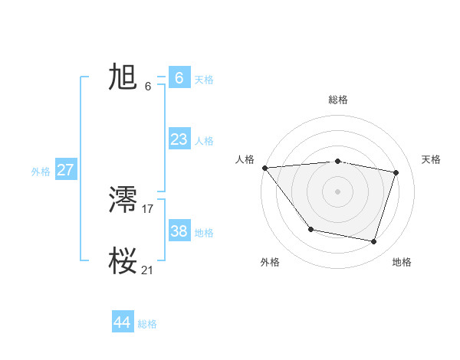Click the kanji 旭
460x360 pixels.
(x=123, y=77)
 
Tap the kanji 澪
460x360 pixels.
(x=123, y=200)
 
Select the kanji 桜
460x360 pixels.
(x=123, y=261)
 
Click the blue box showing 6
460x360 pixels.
(x=179, y=78)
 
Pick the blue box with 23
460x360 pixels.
(x=179, y=139)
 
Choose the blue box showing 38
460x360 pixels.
(x=179, y=231)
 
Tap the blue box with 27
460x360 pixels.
(x=65, y=170)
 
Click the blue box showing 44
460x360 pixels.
(x=122, y=322)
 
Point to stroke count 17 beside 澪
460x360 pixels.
(x=148, y=208)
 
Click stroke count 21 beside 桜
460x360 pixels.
(x=148, y=269)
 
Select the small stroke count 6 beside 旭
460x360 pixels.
(x=148, y=86)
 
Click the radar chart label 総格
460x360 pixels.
(x=337, y=100)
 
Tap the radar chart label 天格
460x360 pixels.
(x=431, y=159)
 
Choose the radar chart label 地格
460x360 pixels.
(x=402, y=262)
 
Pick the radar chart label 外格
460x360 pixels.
(x=270, y=262)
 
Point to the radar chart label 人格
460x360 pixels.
(x=245, y=159)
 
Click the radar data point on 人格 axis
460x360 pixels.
(x=264, y=168)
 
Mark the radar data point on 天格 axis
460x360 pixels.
(x=396, y=172)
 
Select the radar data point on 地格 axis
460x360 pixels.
(x=373, y=241)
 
